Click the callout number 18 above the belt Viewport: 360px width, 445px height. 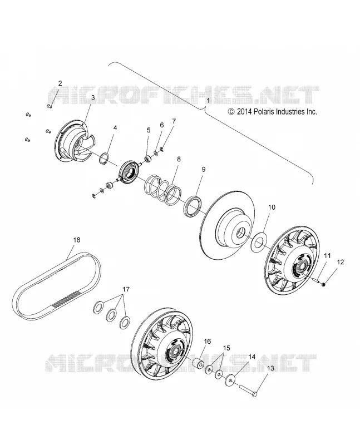point(77,240)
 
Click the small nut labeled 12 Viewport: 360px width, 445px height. point(323,284)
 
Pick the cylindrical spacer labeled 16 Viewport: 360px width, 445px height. point(198,364)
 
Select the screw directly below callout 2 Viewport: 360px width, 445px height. point(48,106)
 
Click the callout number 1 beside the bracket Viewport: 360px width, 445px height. point(209,101)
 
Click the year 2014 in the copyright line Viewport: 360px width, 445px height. point(244,112)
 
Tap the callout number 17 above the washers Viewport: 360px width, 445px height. point(126,289)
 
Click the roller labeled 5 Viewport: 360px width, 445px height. point(149,159)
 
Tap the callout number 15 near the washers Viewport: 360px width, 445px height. point(226,348)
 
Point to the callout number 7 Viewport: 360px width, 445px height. point(174,121)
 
